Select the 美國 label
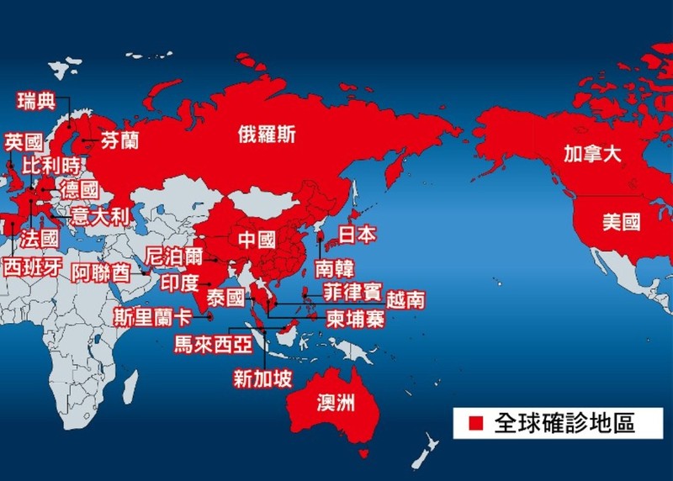coord(621,222)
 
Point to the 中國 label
coord(257,240)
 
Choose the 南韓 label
coord(335,268)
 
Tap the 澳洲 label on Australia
coord(334,403)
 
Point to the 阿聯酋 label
coord(100,272)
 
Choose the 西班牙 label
coord(31,267)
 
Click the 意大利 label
coord(98,216)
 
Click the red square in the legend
coord(475,422)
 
